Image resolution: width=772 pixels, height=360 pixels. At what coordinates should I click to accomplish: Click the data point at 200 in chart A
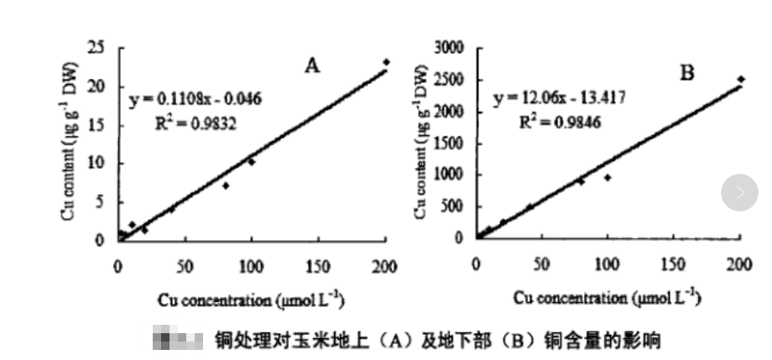point(386,62)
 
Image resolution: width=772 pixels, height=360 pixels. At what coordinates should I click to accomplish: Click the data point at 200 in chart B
point(741,79)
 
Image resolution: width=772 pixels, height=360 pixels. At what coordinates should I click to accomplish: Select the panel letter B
point(687,73)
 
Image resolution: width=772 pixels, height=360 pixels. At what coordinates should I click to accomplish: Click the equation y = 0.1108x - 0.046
point(195,99)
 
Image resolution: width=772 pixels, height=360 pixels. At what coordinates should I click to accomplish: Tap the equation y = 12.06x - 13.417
point(559,97)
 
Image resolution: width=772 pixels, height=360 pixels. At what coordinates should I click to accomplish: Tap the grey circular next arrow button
point(739,193)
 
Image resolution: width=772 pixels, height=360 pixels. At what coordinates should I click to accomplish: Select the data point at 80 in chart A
point(226,185)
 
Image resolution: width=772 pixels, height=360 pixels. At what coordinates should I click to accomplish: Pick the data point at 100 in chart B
point(608,177)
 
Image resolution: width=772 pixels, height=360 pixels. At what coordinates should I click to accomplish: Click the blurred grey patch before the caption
point(178,342)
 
